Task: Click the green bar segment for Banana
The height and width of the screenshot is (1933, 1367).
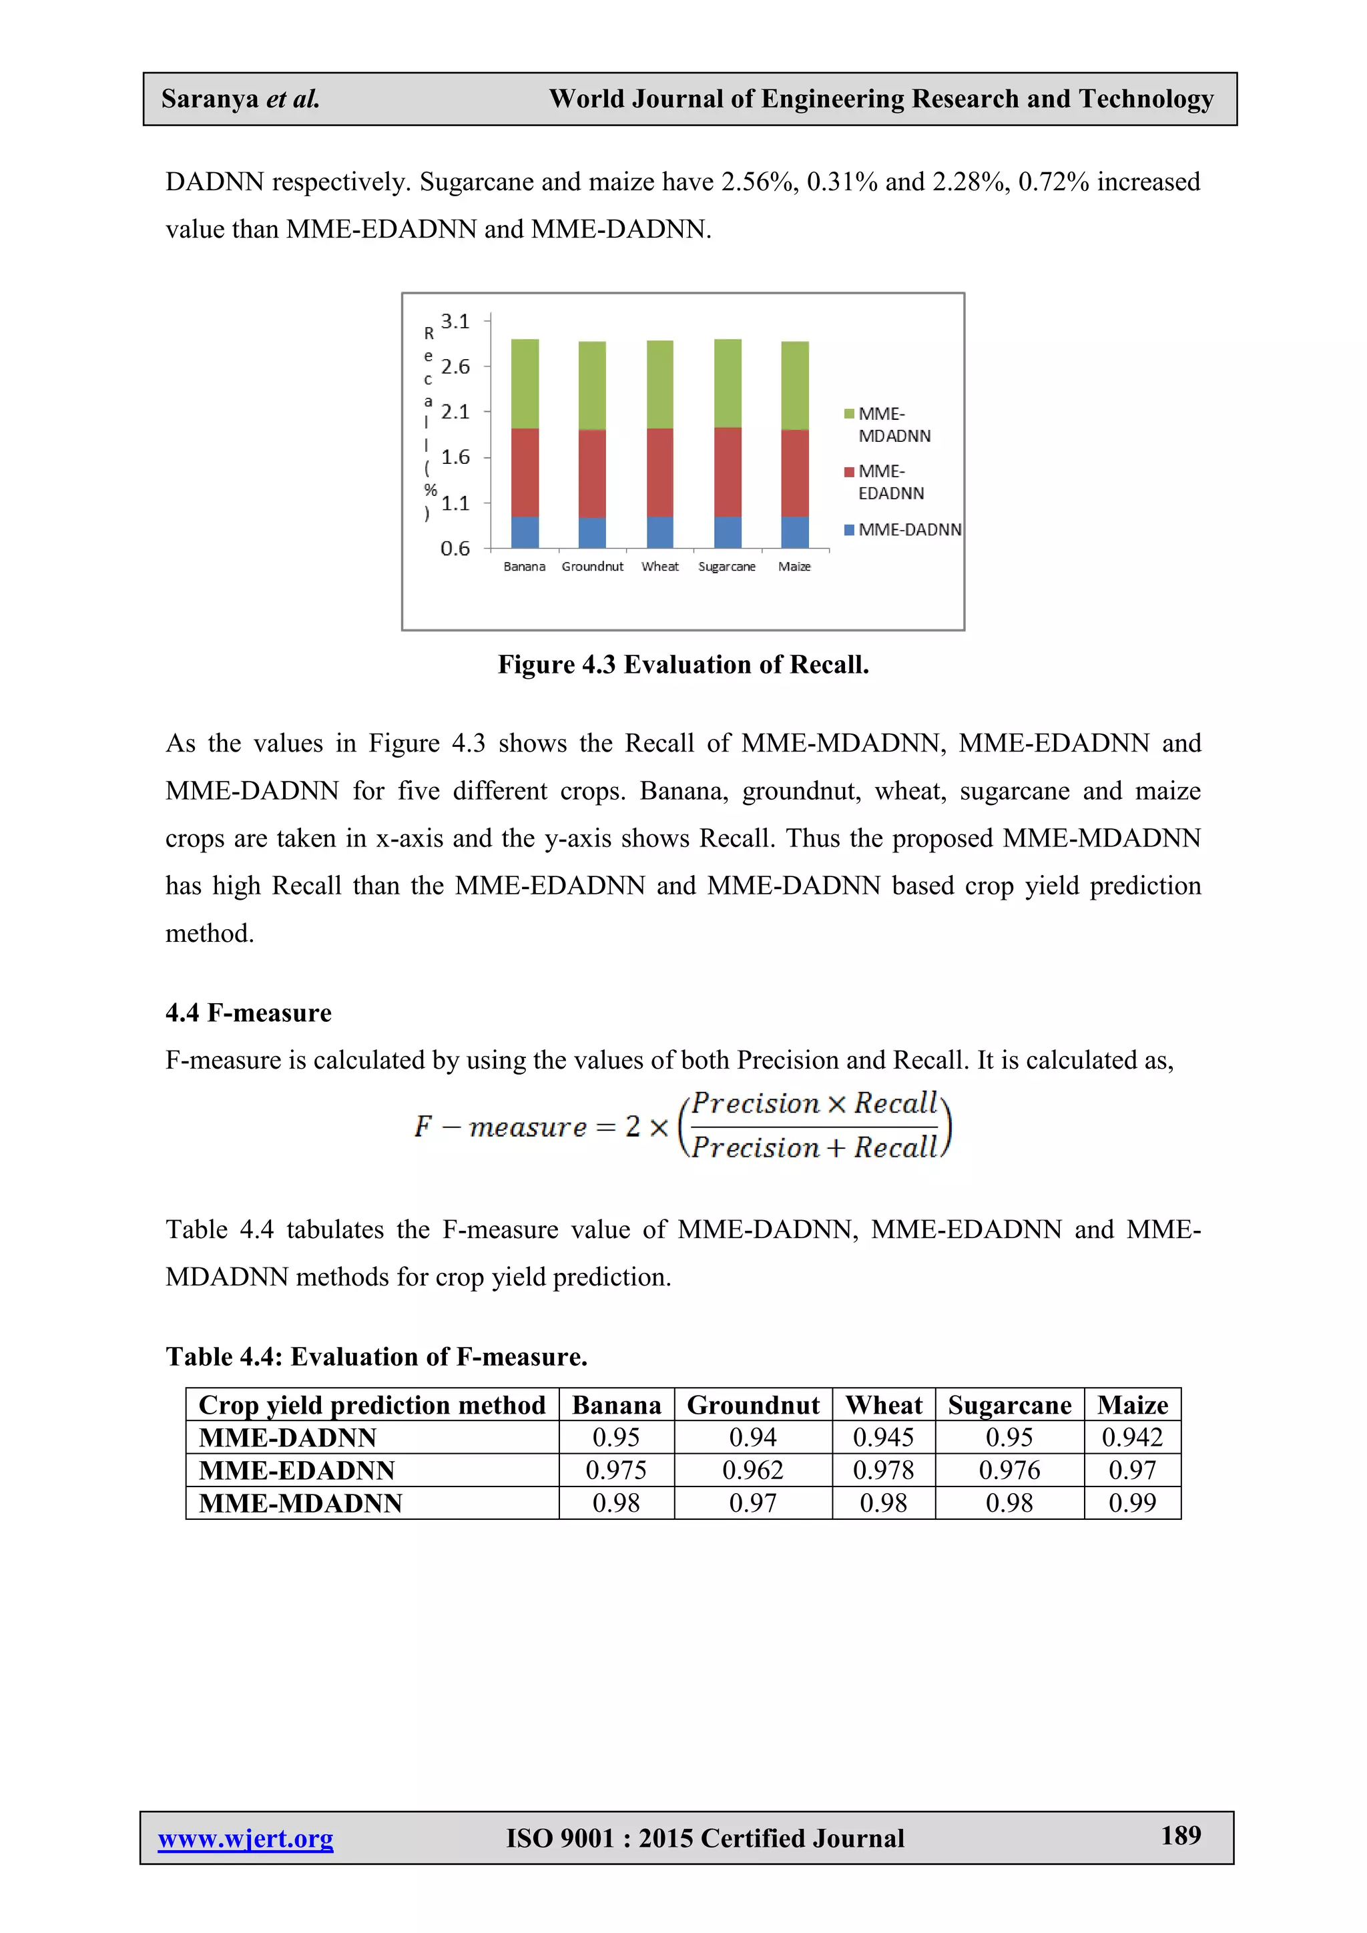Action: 525,384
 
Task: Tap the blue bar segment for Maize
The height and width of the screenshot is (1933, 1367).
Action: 794,532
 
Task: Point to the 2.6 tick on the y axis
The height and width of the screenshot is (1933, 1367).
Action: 455,366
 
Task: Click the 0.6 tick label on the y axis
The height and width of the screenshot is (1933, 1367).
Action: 455,549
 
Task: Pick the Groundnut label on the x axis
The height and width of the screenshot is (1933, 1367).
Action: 593,567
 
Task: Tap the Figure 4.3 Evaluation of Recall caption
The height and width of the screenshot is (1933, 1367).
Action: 683,664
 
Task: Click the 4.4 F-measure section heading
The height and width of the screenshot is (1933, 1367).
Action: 248,1012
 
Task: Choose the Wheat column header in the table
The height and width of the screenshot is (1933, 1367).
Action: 883,1404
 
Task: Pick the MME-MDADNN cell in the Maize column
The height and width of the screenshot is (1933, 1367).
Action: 1131,1502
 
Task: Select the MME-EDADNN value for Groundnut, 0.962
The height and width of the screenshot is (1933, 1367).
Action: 752,1470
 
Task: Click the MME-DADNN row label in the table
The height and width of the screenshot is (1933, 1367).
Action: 287,1437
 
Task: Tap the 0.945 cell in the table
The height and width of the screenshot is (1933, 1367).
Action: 883,1437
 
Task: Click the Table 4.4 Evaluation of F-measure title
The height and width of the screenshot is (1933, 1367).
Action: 376,1356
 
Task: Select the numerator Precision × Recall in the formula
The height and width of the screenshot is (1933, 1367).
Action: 814,1103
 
